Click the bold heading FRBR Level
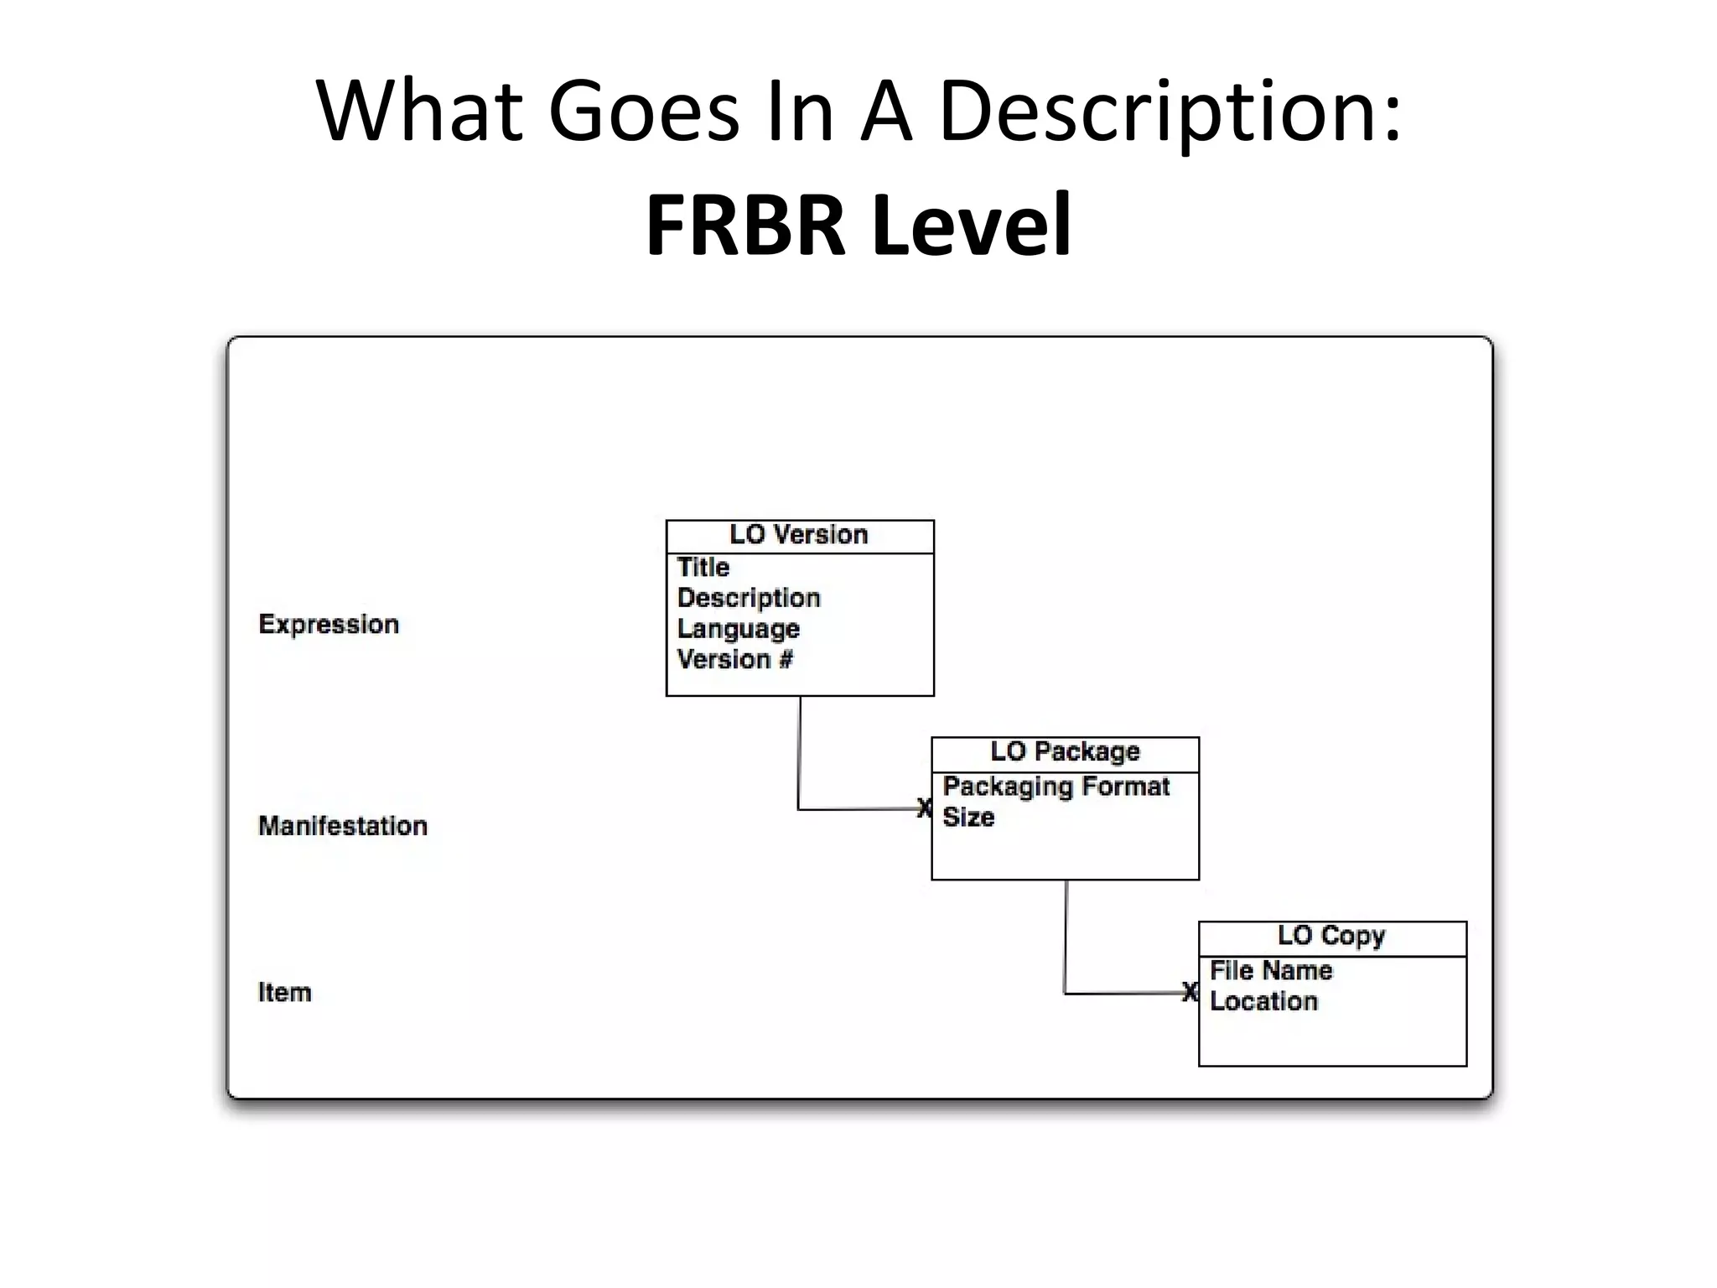tap(858, 225)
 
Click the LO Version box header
tap(799, 535)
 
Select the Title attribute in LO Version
tap(703, 568)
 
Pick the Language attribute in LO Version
tap(738, 629)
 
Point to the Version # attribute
tap(734, 660)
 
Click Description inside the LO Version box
tap(748, 598)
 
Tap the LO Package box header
tap(1065, 752)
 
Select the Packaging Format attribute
tap(1056, 787)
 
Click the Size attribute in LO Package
tap(968, 817)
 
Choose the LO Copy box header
tap(1331, 936)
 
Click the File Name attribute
tap(1271, 971)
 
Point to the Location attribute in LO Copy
tap(1263, 1001)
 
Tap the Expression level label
tap(329, 625)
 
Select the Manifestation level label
tap(343, 826)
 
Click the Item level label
tap(284, 993)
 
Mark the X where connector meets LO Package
tap(924, 808)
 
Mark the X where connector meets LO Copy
tap(1190, 992)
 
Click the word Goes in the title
tap(643, 112)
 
